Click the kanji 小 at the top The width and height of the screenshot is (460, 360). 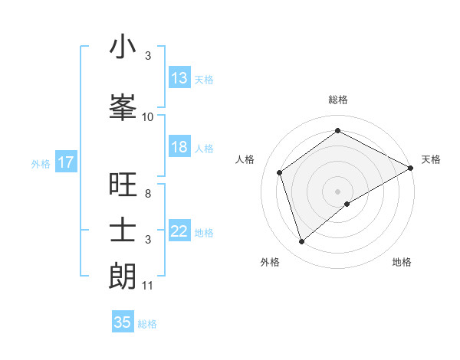123,47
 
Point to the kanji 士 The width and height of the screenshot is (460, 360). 123,229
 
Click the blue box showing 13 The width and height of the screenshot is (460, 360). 179,78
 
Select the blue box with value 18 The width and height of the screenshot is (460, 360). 179,147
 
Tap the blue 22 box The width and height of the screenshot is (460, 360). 179,231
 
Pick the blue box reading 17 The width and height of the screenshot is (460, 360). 65,162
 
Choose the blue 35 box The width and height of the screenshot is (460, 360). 123,322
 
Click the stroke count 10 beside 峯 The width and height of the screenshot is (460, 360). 148,117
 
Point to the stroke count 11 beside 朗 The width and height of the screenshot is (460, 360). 148,286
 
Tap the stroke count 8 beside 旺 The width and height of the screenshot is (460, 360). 148,194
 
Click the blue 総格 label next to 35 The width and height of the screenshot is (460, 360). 147,324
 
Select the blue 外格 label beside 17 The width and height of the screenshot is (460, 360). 40,163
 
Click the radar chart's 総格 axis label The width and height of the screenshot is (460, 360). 338,100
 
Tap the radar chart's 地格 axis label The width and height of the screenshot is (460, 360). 402,262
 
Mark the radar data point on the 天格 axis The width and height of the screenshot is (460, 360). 411,168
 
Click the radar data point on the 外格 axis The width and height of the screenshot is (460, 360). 301,242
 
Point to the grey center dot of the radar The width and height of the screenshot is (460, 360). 338,191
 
